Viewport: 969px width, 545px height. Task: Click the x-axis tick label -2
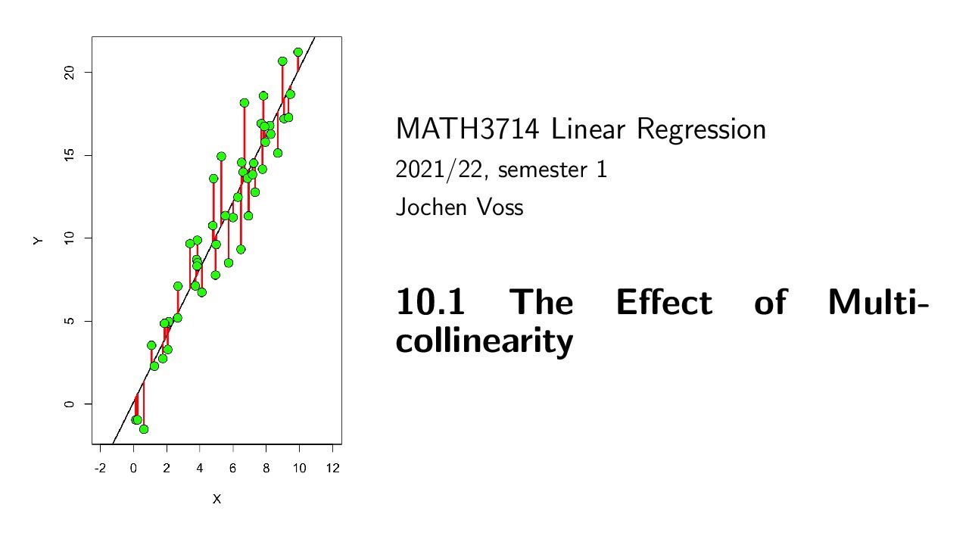point(100,469)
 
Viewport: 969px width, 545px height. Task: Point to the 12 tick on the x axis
point(332,469)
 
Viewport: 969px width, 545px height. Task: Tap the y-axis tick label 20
point(67,72)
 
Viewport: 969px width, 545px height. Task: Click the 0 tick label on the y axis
point(67,404)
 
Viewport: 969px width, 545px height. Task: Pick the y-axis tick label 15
point(67,155)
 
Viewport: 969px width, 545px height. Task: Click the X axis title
point(217,500)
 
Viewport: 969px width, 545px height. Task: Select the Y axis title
point(38,240)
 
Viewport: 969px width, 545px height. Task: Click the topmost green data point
point(298,52)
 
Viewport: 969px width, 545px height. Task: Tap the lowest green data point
point(144,429)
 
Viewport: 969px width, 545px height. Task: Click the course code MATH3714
point(467,130)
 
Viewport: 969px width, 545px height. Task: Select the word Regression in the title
point(701,130)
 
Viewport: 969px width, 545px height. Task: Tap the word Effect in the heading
point(663,303)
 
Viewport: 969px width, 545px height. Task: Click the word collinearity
point(484,341)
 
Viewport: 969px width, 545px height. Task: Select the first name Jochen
point(430,207)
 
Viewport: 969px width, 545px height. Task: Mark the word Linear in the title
point(587,130)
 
